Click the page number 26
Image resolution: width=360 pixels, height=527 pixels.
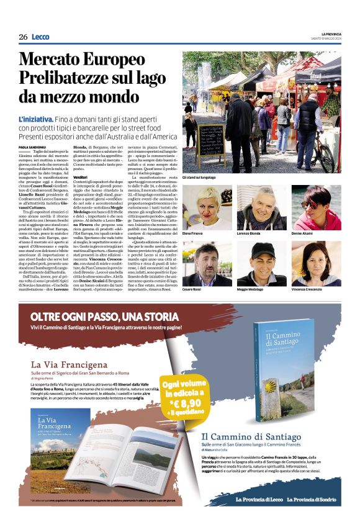23,37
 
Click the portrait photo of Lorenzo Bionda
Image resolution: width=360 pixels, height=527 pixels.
261,207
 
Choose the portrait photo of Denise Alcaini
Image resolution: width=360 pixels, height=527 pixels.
315,207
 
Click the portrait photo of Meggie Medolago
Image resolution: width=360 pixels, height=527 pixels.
261,263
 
